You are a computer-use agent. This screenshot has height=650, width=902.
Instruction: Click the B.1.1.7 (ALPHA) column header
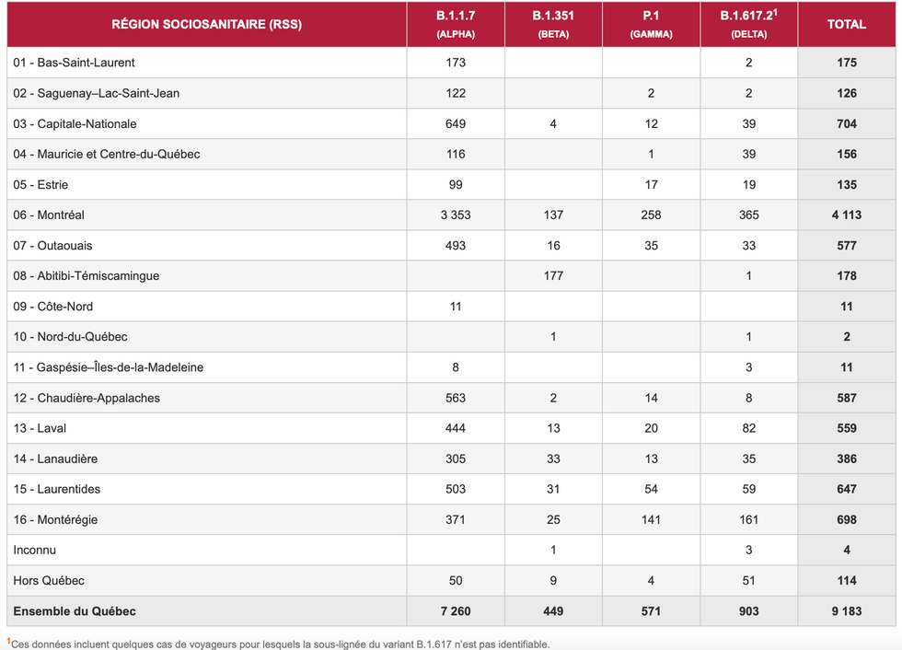tap(455, 25)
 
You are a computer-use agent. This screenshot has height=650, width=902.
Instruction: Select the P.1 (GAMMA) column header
tap(651, 25)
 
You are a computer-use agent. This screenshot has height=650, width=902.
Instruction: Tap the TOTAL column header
tap(847, 25)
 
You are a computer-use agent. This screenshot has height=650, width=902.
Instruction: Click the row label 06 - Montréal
tap(49, 215)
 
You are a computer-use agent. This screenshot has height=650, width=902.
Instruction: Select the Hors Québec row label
tap(49, 581)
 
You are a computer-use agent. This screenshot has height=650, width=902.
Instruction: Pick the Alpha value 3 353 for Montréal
tap(455, 215)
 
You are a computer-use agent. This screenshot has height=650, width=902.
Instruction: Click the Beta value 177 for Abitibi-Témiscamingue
tap(553, 276)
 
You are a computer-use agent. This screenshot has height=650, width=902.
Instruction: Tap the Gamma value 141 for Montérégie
tap(651, 520)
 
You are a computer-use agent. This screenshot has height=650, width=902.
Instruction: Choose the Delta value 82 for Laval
tap(749, 428)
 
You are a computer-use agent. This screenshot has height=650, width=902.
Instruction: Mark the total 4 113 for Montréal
tap(847, 215)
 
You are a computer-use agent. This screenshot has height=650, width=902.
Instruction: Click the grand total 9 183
tap(847, 611)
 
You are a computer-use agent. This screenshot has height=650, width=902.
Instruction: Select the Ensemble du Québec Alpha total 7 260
tap(455, 611)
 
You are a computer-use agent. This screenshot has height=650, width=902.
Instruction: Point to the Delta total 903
tap(749, 611)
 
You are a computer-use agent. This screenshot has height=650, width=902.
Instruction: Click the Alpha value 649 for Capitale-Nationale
tap(455, 124)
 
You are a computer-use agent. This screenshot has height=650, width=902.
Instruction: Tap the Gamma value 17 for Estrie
tap(651, 185)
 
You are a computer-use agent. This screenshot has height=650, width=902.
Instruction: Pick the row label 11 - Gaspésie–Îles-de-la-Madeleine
tap(109, 367)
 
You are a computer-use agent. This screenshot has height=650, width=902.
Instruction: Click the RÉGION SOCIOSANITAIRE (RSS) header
tap(206, 25)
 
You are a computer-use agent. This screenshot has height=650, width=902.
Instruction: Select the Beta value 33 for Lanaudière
tap(553, 458)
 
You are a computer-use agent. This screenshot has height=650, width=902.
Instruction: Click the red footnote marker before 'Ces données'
tap(9, 641)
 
